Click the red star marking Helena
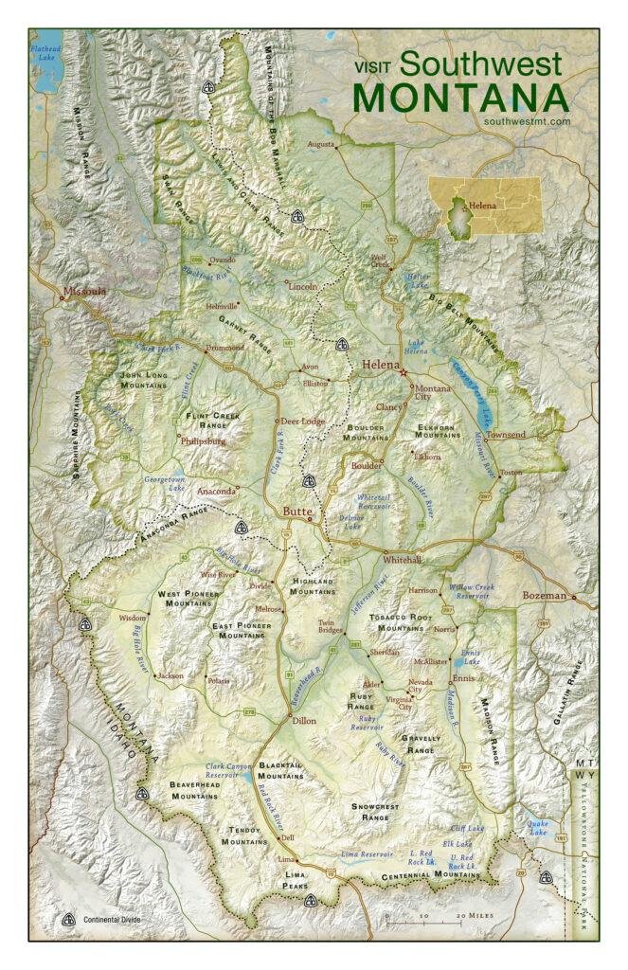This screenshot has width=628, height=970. [404, 372]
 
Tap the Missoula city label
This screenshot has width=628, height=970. [84, 292]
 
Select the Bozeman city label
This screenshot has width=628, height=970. [544, 596]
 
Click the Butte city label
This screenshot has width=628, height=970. [297, 512]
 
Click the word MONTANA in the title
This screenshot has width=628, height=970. [460, 98]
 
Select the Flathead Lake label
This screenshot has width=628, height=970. [45, 52]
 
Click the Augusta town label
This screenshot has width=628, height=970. [322, 145]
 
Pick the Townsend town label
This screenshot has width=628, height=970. [505, 434]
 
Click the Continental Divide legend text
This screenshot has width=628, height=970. [116, 920]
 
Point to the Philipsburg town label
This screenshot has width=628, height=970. [204, 440]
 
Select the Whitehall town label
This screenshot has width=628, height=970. [402, 560]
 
